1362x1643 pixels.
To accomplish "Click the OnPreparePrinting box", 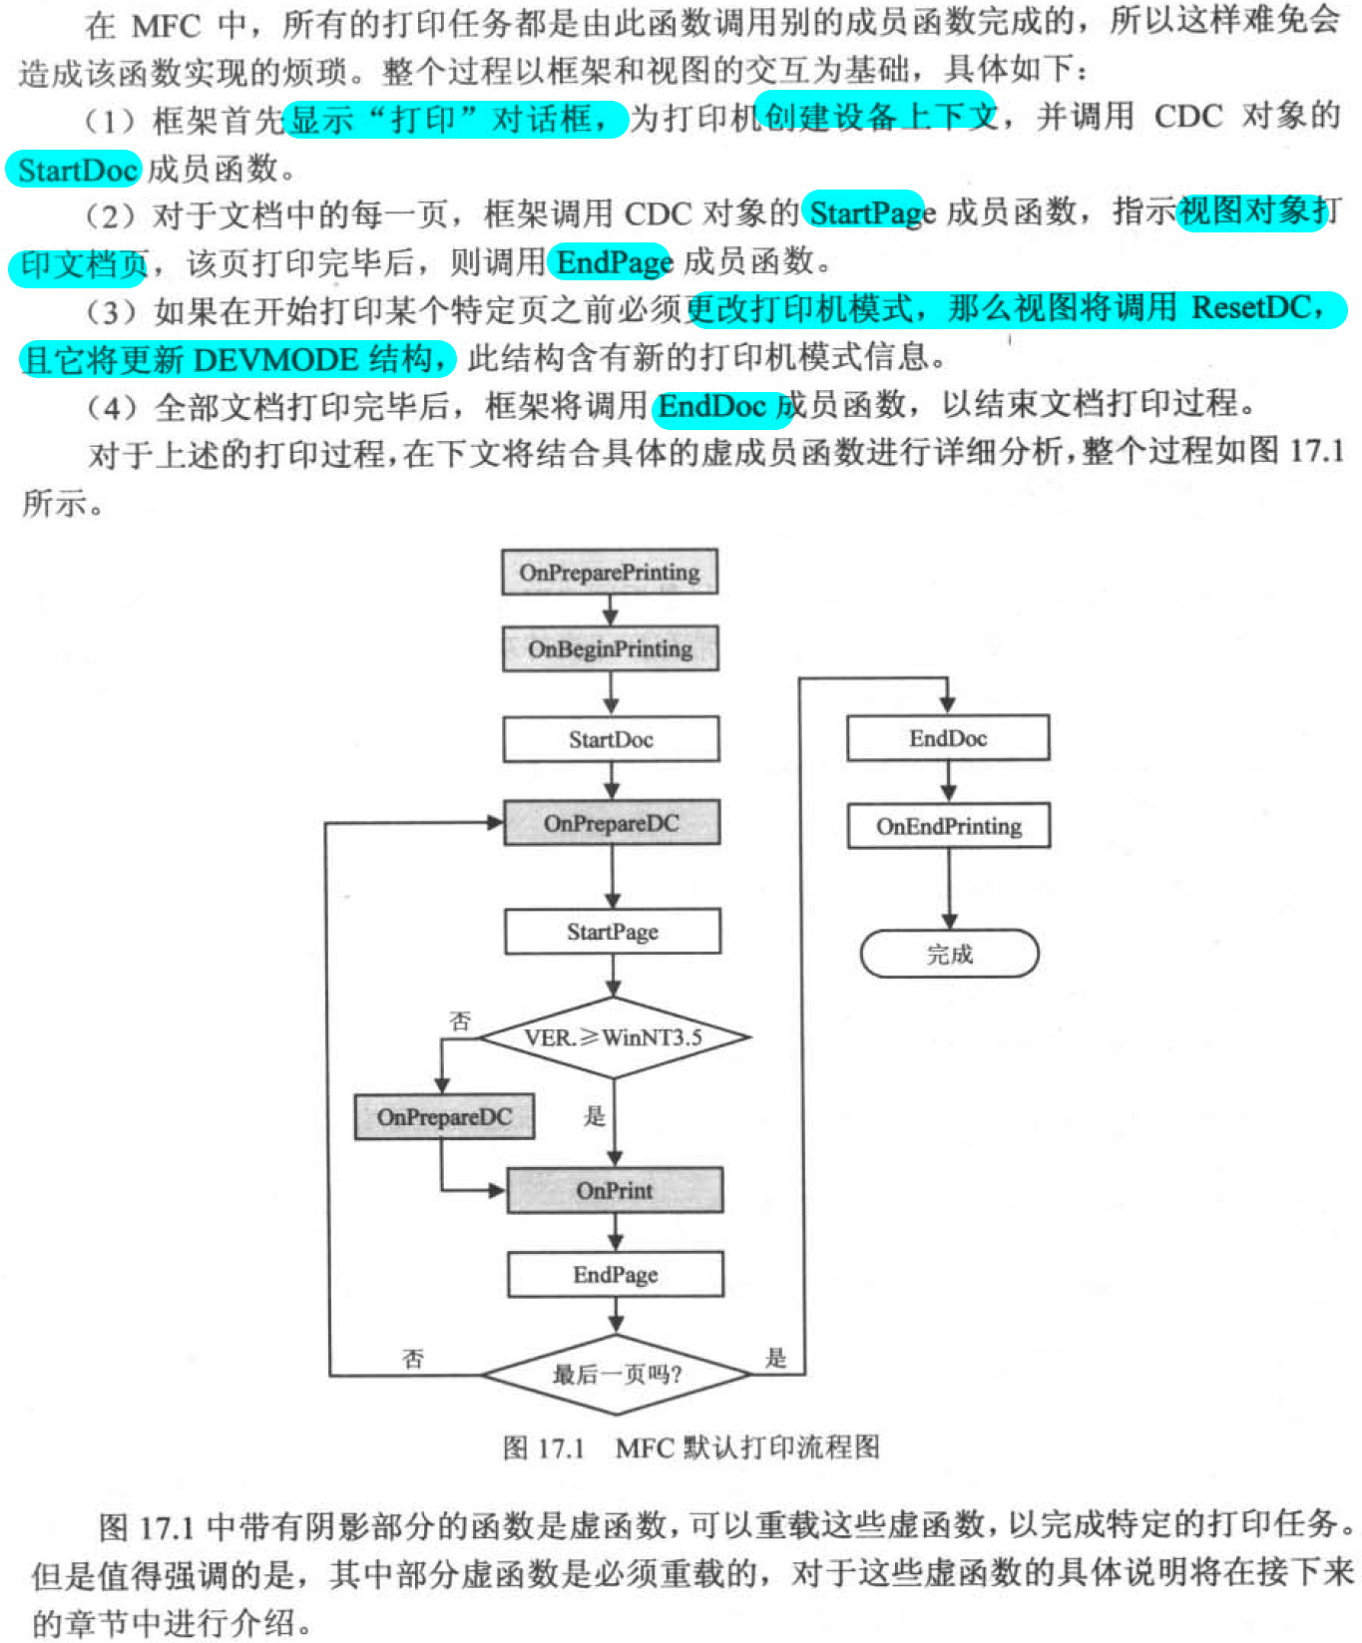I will click(x=609, y=573).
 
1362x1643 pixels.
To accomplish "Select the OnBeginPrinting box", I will click(x=610, y=649).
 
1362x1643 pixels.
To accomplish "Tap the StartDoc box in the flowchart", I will click(x=611, y=740).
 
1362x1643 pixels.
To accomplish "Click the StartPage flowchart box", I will click(x=613, y=932).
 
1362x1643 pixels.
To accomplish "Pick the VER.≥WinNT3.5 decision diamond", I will click(x=614, y=1037).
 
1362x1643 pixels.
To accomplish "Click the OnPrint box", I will click(x=615, y=1190).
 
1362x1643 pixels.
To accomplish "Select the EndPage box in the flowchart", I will click(x=615, y=1275).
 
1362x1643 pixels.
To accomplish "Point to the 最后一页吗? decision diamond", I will click(x=616, y=1375).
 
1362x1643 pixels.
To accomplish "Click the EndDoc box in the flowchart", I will click(x=948, y=739).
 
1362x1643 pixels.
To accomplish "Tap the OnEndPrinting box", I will click(x=949, y=826).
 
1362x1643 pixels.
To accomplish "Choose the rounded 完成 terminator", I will click(x=949, y=955).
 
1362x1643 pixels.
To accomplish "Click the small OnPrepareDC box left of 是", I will click(x=444, y=1117).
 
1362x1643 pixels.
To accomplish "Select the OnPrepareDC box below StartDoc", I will click(x=612, y=824).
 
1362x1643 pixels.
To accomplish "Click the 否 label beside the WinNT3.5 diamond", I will click(x=460, y=1021).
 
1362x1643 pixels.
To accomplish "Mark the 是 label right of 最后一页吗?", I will click(x=776, y=1358).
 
